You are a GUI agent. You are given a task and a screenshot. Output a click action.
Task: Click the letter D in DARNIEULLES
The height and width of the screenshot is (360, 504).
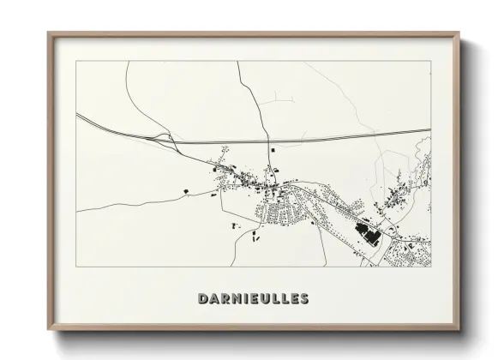[x=202, y=299]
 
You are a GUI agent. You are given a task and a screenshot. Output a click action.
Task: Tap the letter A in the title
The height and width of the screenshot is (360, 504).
[x=213, y=299]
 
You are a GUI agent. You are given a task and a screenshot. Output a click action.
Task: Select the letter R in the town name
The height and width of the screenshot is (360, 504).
[x=225, y=299]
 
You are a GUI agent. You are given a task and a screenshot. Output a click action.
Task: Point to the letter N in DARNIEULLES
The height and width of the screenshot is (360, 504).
[x=237, y=299]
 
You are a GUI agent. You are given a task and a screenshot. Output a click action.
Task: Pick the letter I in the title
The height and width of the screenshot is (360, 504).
[x=246, y=299]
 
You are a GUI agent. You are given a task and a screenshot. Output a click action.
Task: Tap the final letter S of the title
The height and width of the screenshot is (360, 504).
[x=303, y=299]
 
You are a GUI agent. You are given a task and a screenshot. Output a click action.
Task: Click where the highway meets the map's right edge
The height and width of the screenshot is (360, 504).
[x=429, y=130]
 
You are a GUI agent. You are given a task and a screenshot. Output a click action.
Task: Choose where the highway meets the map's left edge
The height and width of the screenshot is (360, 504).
[x=76, y=114]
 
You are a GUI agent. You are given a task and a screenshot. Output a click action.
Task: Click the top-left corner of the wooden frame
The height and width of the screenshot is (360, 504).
[x=48, y=33]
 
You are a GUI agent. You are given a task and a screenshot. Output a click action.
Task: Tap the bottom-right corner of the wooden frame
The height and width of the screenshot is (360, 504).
[x=459, y=330]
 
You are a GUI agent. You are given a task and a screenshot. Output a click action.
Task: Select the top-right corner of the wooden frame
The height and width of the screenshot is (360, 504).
[x=459, y=33]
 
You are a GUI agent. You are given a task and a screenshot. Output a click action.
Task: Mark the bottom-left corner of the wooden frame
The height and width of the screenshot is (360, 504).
[x=48, y=330]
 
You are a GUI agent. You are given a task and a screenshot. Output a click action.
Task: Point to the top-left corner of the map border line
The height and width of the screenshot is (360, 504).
[x=76, y=62]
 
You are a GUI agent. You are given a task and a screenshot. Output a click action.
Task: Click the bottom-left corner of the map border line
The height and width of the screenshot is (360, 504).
[x=76, y=267]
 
